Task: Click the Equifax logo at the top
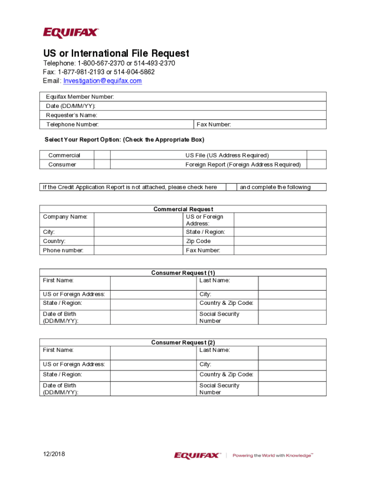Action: click(71, 33)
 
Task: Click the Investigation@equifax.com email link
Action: click(103, 81)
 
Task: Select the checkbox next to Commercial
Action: click(102, 155)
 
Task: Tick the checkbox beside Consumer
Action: click(102, 164)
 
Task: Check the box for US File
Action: click(316, 155)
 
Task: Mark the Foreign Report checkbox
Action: click(316, 164)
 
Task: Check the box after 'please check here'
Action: click(231, 187)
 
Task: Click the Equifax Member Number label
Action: click(80, 97)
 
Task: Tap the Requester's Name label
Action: click(71, 115)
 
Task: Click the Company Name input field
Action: click(138, 220)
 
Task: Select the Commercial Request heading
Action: click(183, 209)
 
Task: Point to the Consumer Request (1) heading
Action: click(183, 273)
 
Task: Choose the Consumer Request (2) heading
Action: click(183, 342)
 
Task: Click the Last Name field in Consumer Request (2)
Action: click(292, 353)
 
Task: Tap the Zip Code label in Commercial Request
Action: click(198, 241)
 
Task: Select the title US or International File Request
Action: click(116, 53)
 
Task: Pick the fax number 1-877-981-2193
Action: click(81, 72)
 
